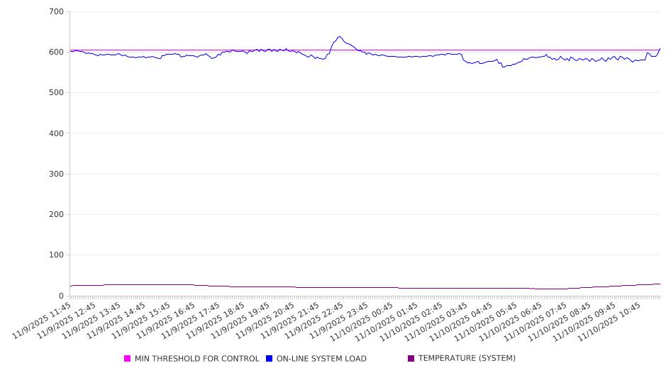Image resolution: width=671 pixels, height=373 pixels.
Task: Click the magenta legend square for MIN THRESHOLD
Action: (x=128, y=359)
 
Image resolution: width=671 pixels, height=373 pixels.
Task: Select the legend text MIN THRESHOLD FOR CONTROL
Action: (x=196, y=359)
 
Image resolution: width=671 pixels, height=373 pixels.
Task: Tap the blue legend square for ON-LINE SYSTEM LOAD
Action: (x=270, y=359)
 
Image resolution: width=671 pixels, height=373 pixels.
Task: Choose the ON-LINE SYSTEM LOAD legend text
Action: (x=321, y=359)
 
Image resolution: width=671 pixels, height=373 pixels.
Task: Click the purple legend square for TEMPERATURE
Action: (x=411, y=359)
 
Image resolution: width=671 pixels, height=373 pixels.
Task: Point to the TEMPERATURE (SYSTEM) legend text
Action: (x=467, y=359)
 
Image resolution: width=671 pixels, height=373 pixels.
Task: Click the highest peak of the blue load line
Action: (x=340, y=37)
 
